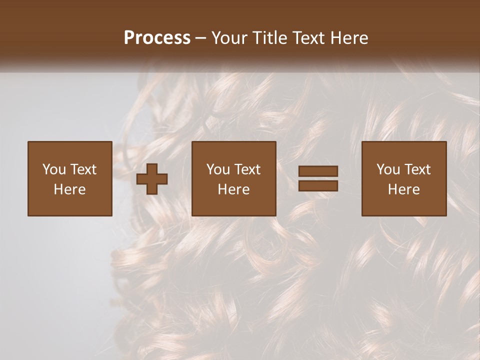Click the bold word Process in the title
(x=157, y=38)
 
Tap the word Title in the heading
(x=270, y=38)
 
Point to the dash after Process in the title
(x=201, y=38)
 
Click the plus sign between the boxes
(x=152, y=179)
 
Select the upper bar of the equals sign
(x=318, y=171)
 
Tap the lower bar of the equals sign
(x=318, y=186)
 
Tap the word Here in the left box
(x=70, y=189)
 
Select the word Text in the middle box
(x=247, y=169)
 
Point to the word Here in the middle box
(x=234, y=189)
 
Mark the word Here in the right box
(x=404, y=189)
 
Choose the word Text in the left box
(x=83, y=169)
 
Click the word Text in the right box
(x=417, y=169)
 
